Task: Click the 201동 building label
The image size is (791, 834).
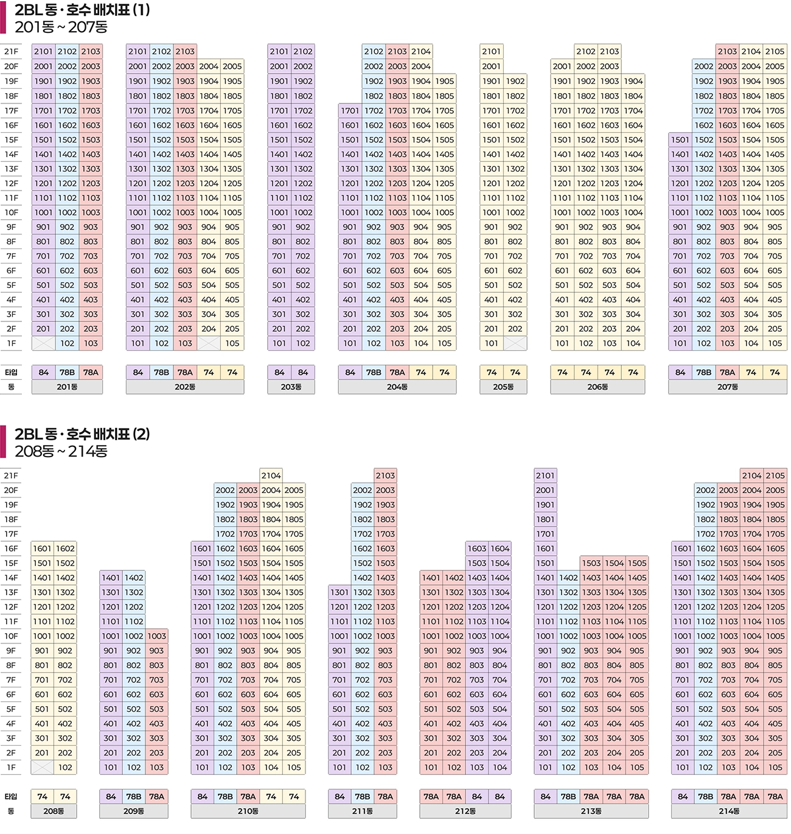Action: pyautogui.click(x=67, y=387)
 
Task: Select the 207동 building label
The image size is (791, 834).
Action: pyautogui.click(x=727, y=387)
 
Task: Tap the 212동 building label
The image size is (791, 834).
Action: pyautogui.click(x=465, y=811)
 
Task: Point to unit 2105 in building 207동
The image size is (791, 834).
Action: pyautogui.click(x=775, y=52)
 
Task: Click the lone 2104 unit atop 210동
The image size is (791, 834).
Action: pyautogui.click(x=271, y=476)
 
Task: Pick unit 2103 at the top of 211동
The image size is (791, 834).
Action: pyautogui.click(x=385, y=476)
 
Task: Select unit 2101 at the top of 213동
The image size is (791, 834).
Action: pyautogui.click(x=545, y=476)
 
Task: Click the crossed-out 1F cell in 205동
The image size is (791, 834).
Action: pyautogui.click(x=515, y=343)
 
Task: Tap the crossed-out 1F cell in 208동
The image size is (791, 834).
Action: pyautogui.click(x=42, y=768)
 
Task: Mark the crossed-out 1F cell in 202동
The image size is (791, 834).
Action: pyautogui.click(x=209, y=343)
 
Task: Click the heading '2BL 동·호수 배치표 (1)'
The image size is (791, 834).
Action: pyautogui.click(x=82, y=10)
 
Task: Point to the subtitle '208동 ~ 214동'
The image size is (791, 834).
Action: pyautogui.click(x=61, y=451)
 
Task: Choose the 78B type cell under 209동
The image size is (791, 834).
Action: pyautogui.click(x=133, y=797)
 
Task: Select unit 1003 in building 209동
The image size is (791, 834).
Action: pyautogui.click(x=156, y=636)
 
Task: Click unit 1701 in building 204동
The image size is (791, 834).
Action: pyautogui.click(x=350, y=111)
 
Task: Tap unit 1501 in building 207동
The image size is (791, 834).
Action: pyautogui.click(x=680, y=140)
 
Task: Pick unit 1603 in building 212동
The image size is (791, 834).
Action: pyautogui.click(x=477, y=549)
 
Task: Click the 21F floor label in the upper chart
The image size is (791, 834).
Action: pyautogui.click(x=11, y=52)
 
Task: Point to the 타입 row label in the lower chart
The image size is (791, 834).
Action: pyautogui.click(x=11, y=797)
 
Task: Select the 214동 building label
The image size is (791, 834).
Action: pyautogui.click(x=728, y=811)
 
